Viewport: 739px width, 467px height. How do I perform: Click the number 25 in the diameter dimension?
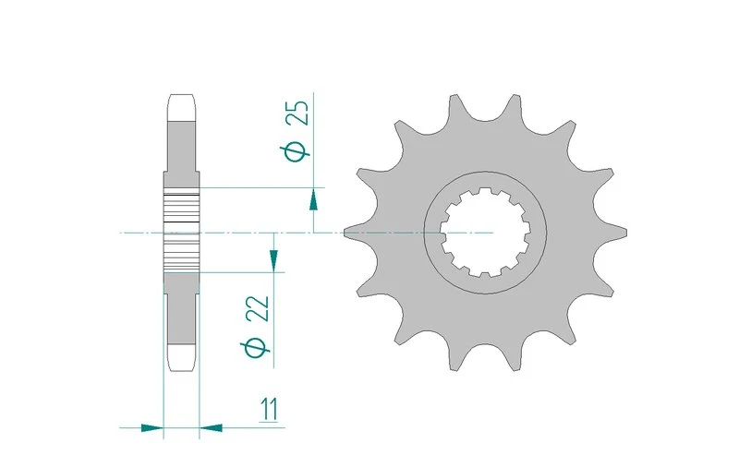(x=298, y=113)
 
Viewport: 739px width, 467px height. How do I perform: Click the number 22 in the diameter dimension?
(x=259, y=309)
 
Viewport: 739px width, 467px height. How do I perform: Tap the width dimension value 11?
(x=269, y=409)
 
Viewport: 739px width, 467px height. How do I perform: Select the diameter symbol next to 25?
(x=296, y=151)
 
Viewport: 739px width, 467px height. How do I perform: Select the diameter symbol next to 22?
(x=256, y=348)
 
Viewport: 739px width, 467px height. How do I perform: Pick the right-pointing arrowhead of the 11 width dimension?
(x=151, y=428)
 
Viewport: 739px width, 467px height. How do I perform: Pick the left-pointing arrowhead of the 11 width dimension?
(x=211, y=428)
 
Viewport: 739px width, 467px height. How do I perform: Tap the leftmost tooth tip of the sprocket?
(x=345, y=232)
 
